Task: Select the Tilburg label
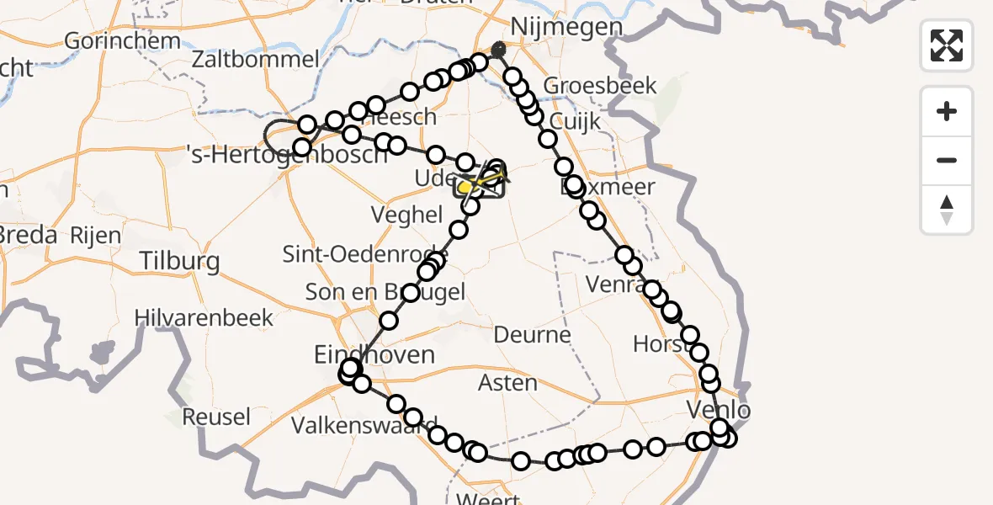180,261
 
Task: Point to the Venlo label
718,411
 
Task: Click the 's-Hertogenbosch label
286,154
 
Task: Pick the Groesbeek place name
600,86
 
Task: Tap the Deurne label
532,335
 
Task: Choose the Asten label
507,383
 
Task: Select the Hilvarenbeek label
205,317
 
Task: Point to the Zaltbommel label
255,59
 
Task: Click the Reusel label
216,416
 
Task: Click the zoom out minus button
947,160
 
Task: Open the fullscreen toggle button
947,45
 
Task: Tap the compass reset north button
947,210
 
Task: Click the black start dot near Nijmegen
499,47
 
